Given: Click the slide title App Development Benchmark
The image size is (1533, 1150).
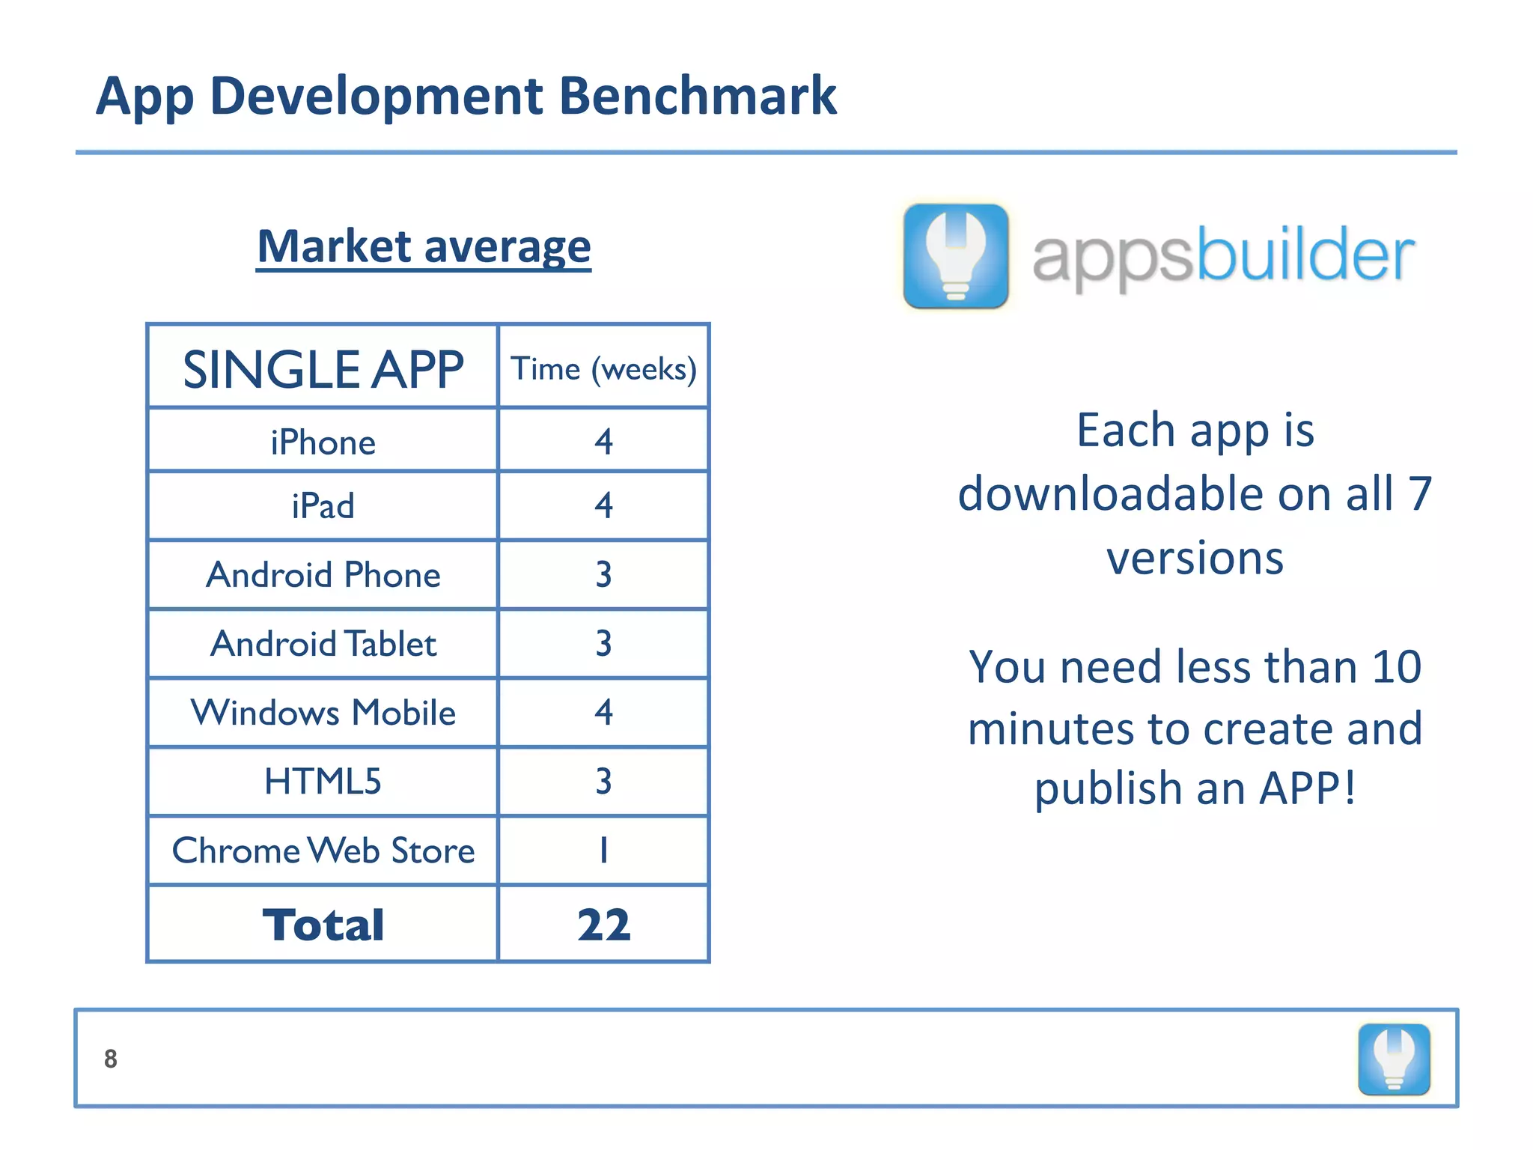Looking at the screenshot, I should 466,97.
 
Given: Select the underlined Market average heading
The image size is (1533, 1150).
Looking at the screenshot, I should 424,246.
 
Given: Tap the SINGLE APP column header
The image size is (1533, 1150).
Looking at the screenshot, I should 323,369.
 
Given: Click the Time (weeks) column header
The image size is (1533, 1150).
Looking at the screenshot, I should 603,369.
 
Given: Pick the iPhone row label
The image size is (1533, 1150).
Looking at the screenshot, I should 323,442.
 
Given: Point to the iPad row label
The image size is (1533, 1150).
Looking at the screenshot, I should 323,506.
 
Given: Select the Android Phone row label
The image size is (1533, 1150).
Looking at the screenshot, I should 323,575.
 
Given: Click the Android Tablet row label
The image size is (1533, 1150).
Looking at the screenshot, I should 323,644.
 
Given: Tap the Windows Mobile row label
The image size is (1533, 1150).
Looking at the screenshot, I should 323,713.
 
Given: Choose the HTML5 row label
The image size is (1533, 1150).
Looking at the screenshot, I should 323,782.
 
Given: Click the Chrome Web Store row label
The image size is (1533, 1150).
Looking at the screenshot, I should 323,851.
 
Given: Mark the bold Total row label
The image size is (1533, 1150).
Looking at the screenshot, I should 323,925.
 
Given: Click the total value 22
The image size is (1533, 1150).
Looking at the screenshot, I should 603,925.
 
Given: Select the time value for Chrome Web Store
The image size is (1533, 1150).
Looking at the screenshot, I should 603,851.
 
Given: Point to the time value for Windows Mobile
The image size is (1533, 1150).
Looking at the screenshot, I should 603,712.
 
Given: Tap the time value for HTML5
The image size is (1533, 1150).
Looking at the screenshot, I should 603,782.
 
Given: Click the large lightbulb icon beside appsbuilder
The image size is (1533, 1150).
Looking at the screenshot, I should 956,255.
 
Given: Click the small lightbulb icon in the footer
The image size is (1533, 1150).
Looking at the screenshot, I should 1394,1059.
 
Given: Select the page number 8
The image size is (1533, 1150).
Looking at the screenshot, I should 111,1059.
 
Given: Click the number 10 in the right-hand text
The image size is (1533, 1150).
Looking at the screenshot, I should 1397,666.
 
